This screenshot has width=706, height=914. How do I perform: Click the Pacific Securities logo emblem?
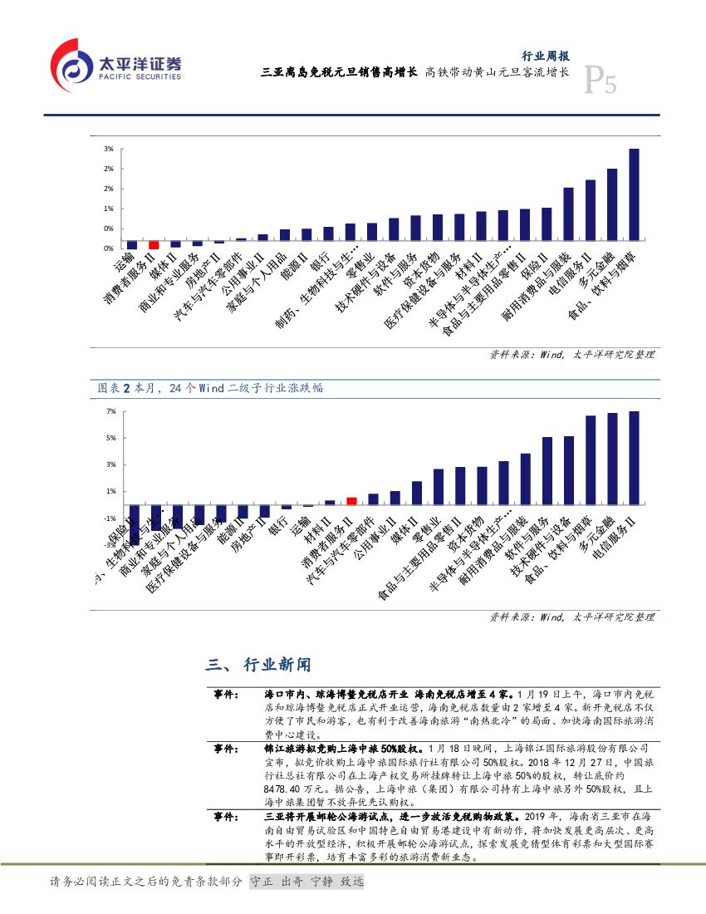(72, 65)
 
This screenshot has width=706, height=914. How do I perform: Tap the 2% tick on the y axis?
(108, 169)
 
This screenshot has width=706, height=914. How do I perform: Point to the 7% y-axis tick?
(110, 411)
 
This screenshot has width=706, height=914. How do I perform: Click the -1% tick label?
(109, 518)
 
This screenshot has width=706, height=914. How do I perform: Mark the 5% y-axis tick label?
(110, 438)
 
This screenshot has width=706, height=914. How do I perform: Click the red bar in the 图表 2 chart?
(351, 500)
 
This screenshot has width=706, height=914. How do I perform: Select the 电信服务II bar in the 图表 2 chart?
(634, 458)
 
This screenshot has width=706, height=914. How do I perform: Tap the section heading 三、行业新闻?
(258, 665)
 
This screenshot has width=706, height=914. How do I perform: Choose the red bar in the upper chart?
(154, 245)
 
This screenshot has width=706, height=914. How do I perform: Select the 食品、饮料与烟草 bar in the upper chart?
(634, 199)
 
